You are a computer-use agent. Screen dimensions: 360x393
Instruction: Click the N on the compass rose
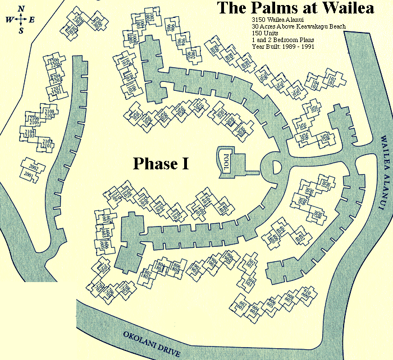21,8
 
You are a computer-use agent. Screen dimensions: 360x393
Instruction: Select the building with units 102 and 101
330,82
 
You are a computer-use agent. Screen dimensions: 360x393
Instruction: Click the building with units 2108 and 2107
49,115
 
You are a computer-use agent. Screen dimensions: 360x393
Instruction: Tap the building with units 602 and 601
243,306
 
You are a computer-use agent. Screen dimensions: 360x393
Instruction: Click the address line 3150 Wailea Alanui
274,20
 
